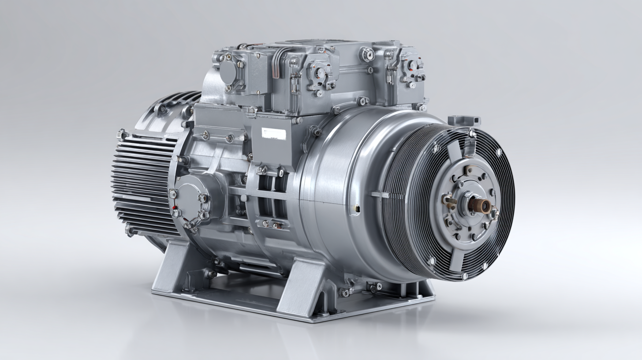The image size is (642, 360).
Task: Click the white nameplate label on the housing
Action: coord(273,134)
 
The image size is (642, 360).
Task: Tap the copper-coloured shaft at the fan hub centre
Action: coord(479,205)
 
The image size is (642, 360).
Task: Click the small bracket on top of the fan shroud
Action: coord(463,120)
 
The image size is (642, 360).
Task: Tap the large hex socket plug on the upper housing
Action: coord(366,55)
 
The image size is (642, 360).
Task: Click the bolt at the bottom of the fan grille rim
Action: coord(464,276)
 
